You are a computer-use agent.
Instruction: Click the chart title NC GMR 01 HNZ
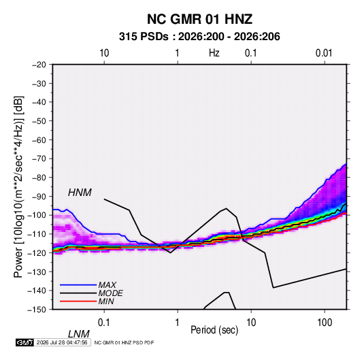point(199,19)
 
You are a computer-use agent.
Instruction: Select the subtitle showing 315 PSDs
point(199,37)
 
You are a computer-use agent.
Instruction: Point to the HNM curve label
point(80,193)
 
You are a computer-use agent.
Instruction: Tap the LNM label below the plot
point(78,334)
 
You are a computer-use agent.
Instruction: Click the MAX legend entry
point(107,284)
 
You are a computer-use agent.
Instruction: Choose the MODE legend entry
point(110,293)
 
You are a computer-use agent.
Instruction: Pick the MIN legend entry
point(106,301)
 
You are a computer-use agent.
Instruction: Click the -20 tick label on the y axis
point(39,65)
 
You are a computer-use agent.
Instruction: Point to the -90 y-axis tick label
point(39,196)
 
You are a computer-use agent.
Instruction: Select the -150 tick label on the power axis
point(37,310)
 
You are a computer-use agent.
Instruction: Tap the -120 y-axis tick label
point(37,252)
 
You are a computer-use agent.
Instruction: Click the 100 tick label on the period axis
point(325,322)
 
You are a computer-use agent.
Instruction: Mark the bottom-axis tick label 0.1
point(104,322)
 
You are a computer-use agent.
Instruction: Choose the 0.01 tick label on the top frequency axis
point(324,53)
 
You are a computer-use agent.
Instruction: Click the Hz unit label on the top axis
point(214,53)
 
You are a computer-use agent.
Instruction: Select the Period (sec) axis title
point(214,330)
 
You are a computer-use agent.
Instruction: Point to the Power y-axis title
point(18,187)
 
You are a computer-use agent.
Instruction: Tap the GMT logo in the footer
point(25,342)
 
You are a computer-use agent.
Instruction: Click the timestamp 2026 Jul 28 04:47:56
point(62,342)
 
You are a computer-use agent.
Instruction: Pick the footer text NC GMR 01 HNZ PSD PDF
point(124,342)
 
